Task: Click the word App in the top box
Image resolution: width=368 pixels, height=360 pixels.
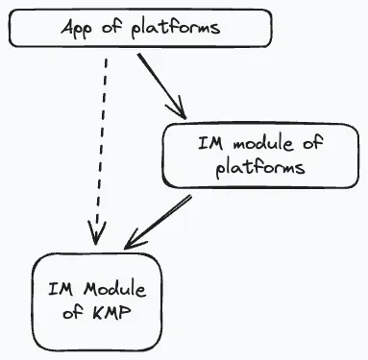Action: click(x=77, y=29)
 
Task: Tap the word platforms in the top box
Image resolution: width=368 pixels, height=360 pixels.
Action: click(x=176, y=28)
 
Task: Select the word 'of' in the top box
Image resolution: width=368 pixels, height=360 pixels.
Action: click(x=112, y=27)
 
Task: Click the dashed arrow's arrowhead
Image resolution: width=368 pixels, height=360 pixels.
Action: click(x=96, y=233)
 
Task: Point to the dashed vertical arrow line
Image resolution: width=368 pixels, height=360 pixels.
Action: click(x=101, y=151)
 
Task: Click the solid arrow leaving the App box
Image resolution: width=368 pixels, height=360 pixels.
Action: click(x=161, y=86)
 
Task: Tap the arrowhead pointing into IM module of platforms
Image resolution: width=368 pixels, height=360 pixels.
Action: click(x=178, y=108)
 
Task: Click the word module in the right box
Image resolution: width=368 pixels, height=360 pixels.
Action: click(x=262, y=143)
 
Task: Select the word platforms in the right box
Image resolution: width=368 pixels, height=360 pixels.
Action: click(x=260, y=168)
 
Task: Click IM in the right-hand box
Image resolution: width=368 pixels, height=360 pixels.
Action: click(x=210, y=143)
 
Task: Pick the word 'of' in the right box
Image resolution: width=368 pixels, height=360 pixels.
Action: click(x=312, y=142)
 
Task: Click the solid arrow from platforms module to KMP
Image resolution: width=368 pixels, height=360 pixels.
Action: click(x=158, y=222)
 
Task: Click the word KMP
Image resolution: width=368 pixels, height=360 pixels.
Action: click(x=112, y=312)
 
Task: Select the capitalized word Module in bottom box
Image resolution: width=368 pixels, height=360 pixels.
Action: click(x=115, y=289)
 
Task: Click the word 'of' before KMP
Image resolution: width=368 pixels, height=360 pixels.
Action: click(x=73, y=311)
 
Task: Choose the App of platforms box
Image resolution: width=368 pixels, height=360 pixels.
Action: click(x=140, y=28)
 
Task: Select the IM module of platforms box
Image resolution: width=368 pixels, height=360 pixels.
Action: click(x=260, y=156)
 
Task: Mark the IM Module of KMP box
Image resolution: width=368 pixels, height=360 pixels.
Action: click(x=97, y=302)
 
